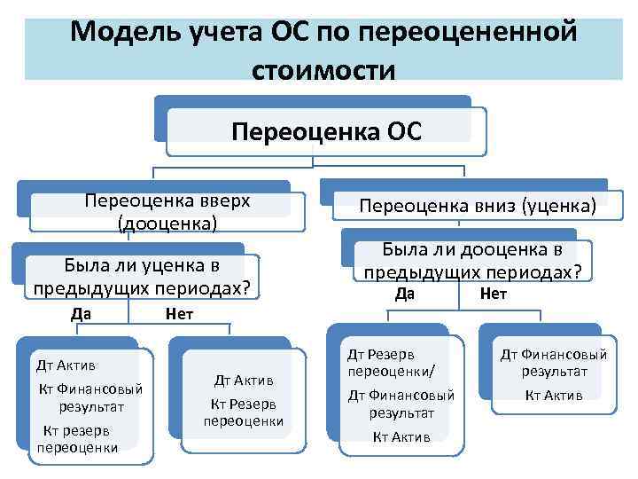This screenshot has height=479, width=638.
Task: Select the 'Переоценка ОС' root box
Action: tap(326, 132)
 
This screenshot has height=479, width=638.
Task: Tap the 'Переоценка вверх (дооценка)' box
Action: tap(167, 211)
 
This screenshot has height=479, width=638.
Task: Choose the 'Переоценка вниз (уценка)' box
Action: tap(477, 206)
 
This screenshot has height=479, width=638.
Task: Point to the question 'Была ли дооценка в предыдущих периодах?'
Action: tap(472, 261)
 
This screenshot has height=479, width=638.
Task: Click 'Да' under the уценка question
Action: tap(82, 313)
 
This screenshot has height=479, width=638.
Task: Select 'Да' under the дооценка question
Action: tap(405, 294)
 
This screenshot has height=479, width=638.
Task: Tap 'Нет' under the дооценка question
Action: tap(493, 294)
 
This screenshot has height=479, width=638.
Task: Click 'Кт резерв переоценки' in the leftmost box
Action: tap(77, 439)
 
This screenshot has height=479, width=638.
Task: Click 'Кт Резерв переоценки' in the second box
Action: tap(244, 412)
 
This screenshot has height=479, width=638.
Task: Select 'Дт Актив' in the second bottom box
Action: tap(244, 380)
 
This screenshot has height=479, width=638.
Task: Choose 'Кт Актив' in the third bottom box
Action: tap(401, 436)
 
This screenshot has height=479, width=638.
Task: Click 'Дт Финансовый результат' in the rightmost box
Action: tap(554, 362)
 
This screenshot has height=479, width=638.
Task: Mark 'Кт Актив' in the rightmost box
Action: tap(554, 395)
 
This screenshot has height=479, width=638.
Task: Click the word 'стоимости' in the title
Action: tap(323, 69)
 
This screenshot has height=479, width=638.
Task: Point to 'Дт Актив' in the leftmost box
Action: tap(66, 365)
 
